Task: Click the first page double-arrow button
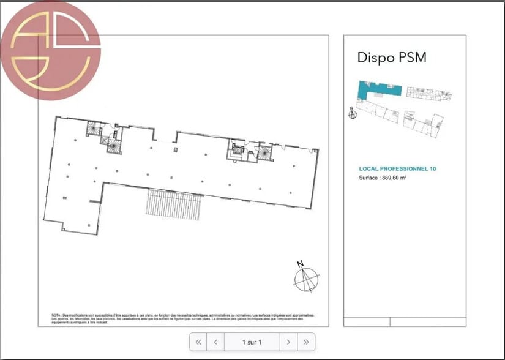198,342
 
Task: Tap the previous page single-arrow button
215,342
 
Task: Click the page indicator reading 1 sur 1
252,342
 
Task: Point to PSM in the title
411,58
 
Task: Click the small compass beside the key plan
351,113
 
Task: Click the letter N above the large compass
300,264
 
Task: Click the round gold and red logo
50,50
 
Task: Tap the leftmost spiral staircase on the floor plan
94,129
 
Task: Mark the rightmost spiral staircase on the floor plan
265,151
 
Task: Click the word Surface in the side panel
369,178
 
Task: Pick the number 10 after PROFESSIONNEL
432,168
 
